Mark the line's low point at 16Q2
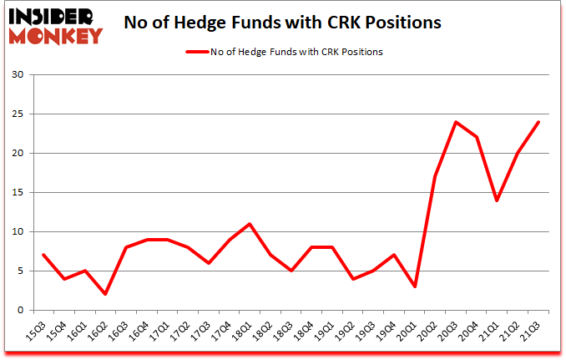106,294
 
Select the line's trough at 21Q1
497,200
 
